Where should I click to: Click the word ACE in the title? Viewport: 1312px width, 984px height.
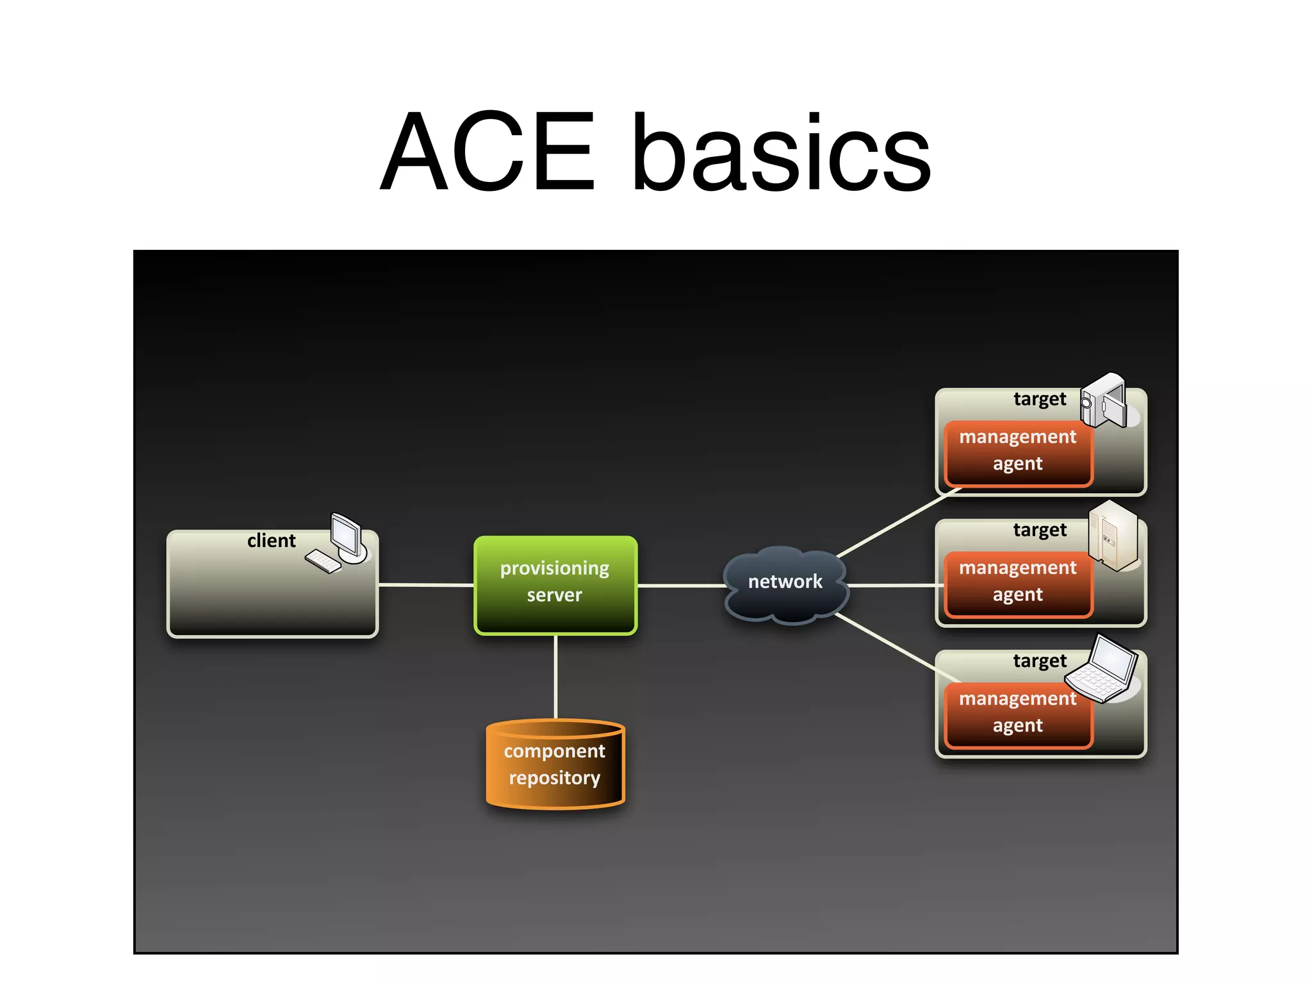pos(488,152)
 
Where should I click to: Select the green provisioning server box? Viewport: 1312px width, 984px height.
pos(555,584)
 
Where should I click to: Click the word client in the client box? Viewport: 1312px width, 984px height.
pos(271,541)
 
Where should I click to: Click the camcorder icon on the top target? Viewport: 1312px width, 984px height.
pos(1104,401)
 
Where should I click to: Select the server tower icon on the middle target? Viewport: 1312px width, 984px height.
pos(1113,535)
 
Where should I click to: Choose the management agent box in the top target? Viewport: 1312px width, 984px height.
pos(1017,451)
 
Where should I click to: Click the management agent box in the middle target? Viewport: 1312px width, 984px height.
pos(1017,582)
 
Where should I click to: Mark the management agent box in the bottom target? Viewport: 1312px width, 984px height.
pos(1017,713)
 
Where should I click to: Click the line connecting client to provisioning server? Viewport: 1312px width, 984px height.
pos(426,585)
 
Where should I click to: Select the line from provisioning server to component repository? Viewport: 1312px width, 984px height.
pos(555,676)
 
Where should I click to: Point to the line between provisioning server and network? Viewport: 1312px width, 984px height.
pos(680,586)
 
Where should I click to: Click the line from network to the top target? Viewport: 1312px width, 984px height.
pos(897,523)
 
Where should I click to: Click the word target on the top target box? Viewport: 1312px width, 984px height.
pos(1039,399)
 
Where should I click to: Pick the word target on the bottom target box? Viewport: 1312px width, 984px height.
pos(1039,660)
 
